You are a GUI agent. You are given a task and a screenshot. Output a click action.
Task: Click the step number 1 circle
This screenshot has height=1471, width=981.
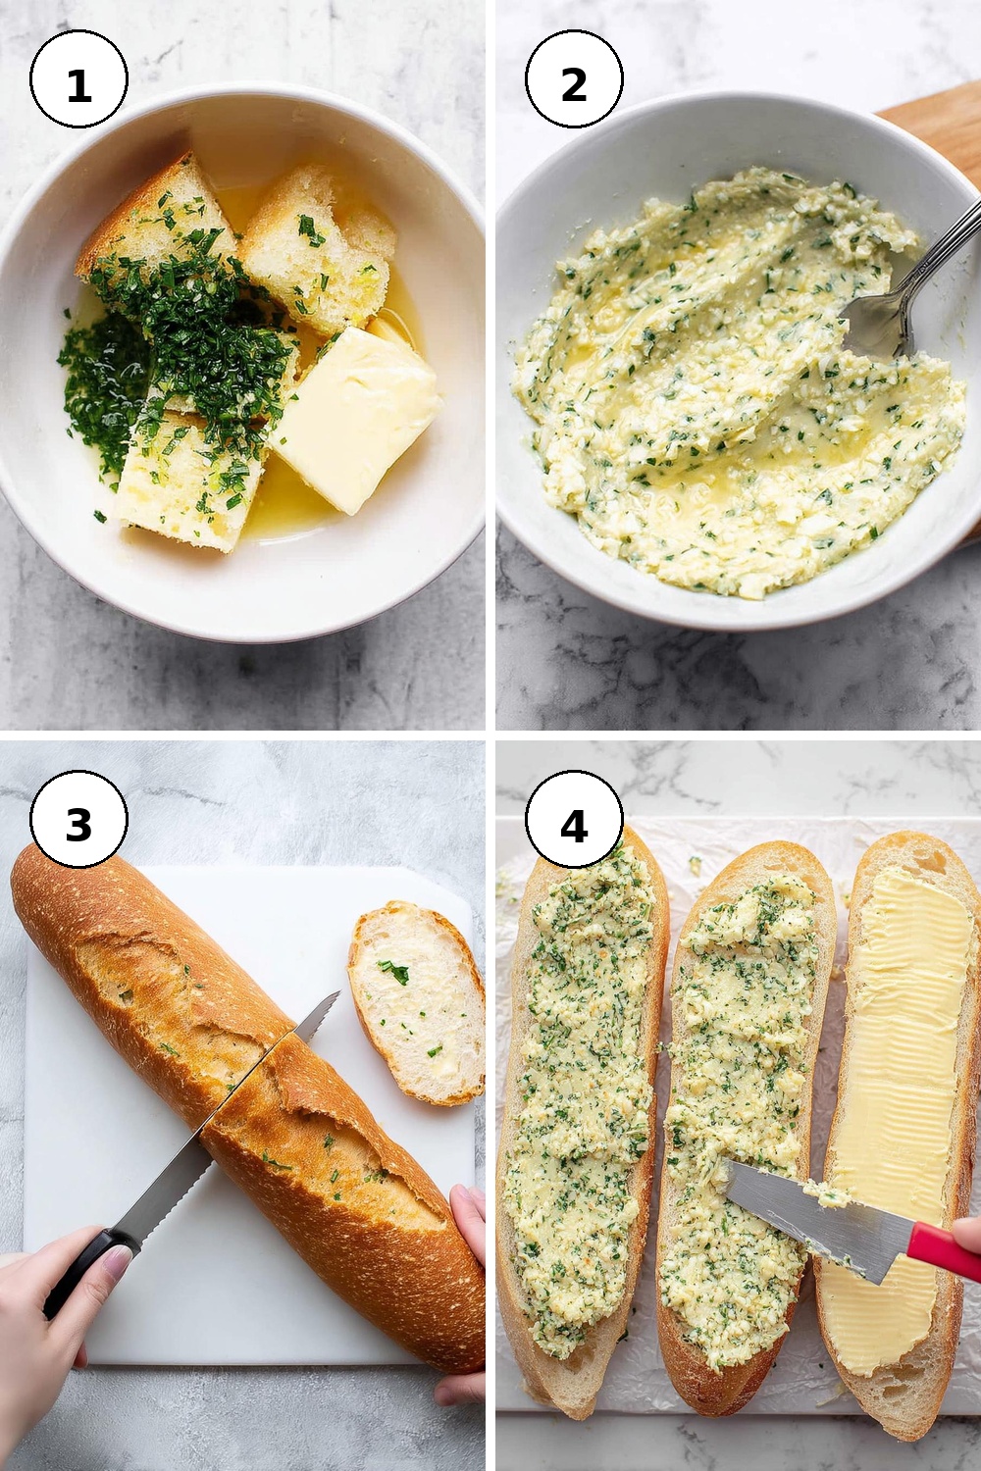coord(78,78)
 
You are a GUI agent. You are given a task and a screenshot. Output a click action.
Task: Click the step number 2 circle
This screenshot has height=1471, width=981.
coord(574,78)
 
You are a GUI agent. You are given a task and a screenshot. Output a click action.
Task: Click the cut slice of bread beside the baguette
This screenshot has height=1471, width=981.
coord(417,1002)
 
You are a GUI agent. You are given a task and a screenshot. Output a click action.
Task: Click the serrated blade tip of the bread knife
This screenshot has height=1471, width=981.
coord(337,992)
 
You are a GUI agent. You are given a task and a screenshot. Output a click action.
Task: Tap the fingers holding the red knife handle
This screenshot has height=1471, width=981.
coord(968,1236)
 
